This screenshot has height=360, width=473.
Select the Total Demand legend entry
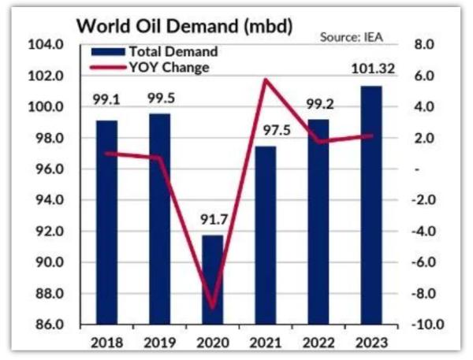[x=171, y=52]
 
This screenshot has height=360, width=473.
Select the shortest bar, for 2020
[x=213, y=280]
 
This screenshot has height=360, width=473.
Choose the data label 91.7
[x=212, y=221]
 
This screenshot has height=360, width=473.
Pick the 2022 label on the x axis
[x=318, y=343]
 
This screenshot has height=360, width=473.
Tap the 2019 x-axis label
[x=159, y=343]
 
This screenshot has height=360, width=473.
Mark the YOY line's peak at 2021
[x=266, y=80]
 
